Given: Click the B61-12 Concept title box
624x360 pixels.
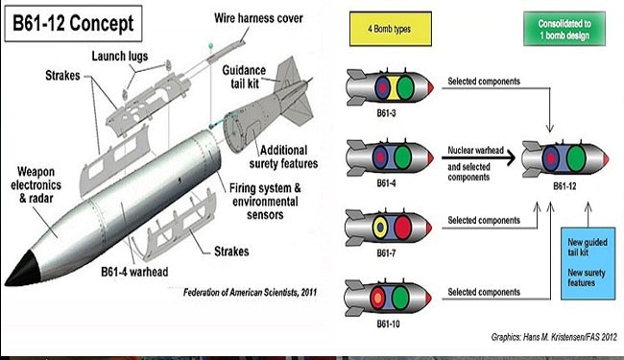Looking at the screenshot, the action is click(73, 23).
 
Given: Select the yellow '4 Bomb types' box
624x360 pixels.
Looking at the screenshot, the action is click(391, 29).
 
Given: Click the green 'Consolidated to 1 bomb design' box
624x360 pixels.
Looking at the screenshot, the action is click(564, 29).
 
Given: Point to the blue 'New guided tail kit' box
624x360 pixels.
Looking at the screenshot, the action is click(588, 263).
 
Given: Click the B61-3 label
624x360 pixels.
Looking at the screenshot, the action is click(386, 113).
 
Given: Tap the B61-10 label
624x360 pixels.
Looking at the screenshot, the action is click(388, 324).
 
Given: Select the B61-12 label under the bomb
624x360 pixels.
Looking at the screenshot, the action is click(564, 186).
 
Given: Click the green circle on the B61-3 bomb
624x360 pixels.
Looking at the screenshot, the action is click(405, 88).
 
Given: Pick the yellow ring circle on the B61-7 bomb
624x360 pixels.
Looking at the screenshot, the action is click(380, 228).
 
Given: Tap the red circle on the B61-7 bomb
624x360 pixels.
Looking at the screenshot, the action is click(403, 228).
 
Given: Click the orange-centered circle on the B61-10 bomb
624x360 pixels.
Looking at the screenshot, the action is click(377, 298).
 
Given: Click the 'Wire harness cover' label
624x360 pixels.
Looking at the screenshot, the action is click(258, 18).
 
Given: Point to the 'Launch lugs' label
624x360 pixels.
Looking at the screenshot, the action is click(120, 56).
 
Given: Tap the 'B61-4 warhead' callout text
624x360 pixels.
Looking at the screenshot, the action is click(134, 272).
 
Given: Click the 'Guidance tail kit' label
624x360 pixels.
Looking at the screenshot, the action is click(244, 77).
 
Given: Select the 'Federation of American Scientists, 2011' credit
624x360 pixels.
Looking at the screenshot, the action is click(251, 293).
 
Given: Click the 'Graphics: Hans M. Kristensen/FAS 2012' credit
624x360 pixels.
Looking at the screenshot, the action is click(554, 337).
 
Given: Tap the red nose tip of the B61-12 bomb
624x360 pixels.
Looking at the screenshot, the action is click(606, 159).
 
